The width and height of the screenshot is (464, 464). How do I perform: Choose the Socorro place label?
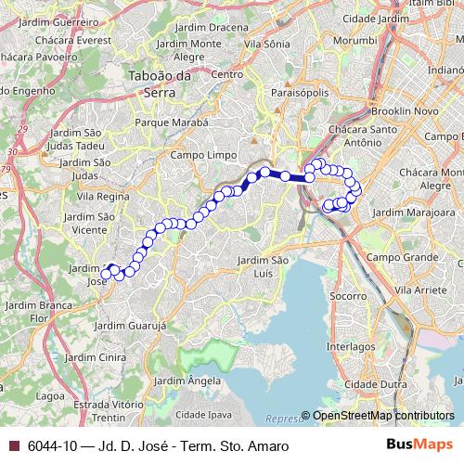coord(348,296)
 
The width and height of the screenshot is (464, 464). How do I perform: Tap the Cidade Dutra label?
coord(368,384)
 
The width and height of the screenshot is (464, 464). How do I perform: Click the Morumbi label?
coord(330,42)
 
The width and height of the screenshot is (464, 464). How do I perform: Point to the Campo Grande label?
coord(401,255)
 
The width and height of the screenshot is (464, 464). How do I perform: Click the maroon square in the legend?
coord(13,445)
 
